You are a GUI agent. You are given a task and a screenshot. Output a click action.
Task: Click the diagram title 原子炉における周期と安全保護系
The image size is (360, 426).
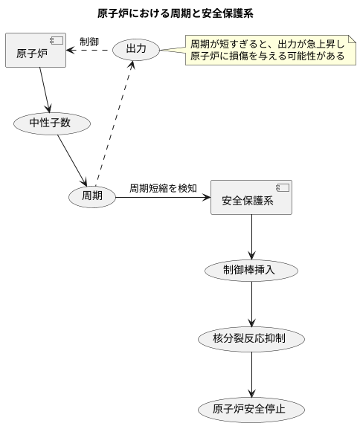(180, 13)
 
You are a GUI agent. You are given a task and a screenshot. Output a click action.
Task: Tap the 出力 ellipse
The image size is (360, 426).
(136, 50)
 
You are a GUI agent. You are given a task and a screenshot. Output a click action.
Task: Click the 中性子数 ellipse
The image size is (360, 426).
(51, 123)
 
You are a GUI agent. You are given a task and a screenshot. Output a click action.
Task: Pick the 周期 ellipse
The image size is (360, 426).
(92, 196)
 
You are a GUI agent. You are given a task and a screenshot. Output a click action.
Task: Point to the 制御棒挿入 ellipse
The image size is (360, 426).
(251, 270)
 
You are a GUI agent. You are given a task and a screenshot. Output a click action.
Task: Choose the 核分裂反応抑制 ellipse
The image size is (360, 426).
(251, 338)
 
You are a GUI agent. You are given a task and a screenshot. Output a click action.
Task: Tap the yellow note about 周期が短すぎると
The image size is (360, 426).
(268, 51)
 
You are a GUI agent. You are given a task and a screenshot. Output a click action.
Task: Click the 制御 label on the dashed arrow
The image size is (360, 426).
(89, 42)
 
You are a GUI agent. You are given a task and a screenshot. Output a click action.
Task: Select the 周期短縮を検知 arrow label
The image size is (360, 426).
(163, 188)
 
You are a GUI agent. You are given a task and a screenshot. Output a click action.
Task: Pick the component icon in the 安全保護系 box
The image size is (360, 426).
(283, 187)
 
